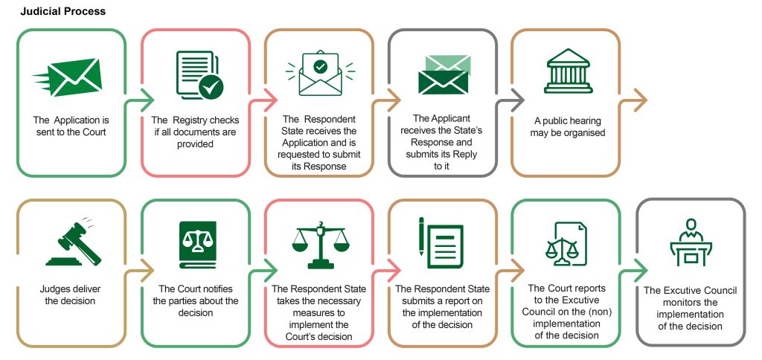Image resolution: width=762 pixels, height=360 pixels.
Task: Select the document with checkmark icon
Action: (x=199, y=75)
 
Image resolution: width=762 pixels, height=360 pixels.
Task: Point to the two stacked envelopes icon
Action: (x=446, y=75)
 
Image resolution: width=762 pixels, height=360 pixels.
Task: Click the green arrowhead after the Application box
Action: (x=148, y=100)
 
